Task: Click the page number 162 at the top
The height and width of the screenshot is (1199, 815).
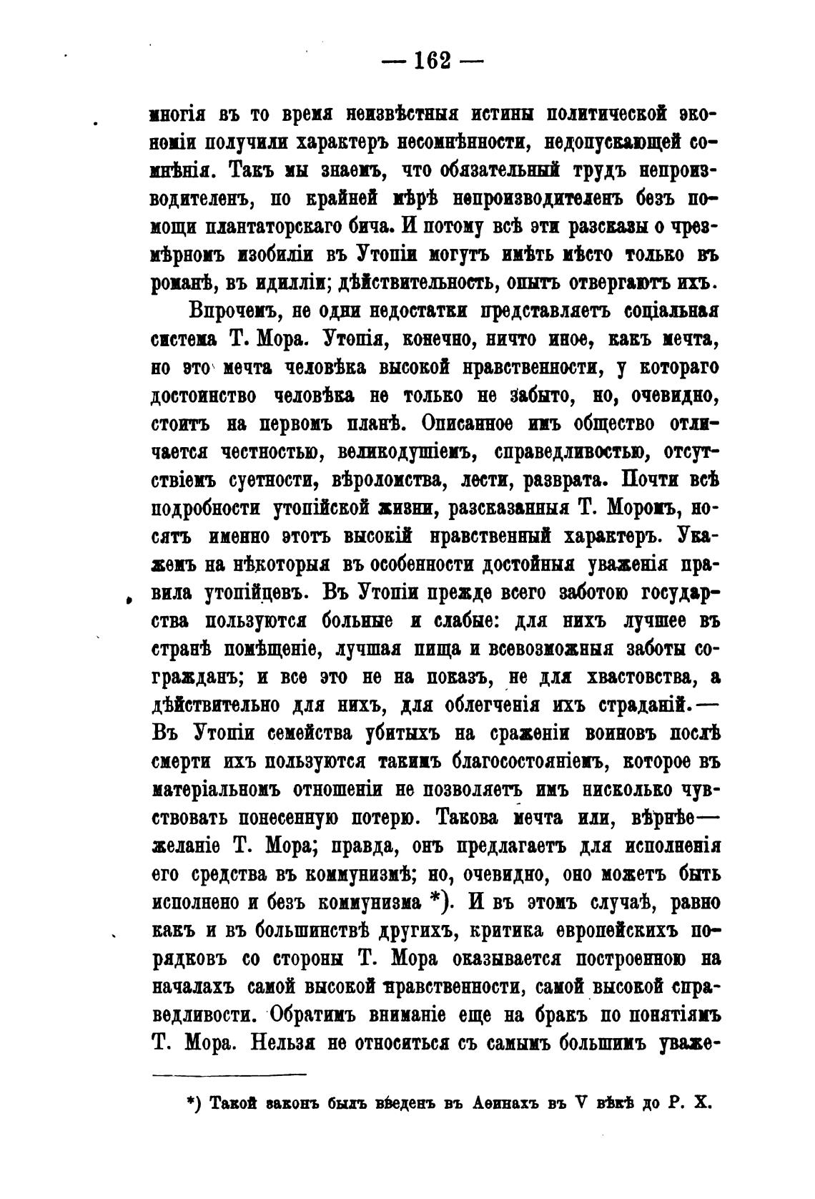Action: point(433,62)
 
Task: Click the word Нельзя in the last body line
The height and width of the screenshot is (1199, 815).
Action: point(282,1043)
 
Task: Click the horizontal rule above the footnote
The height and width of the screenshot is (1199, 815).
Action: point(229,1074)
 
